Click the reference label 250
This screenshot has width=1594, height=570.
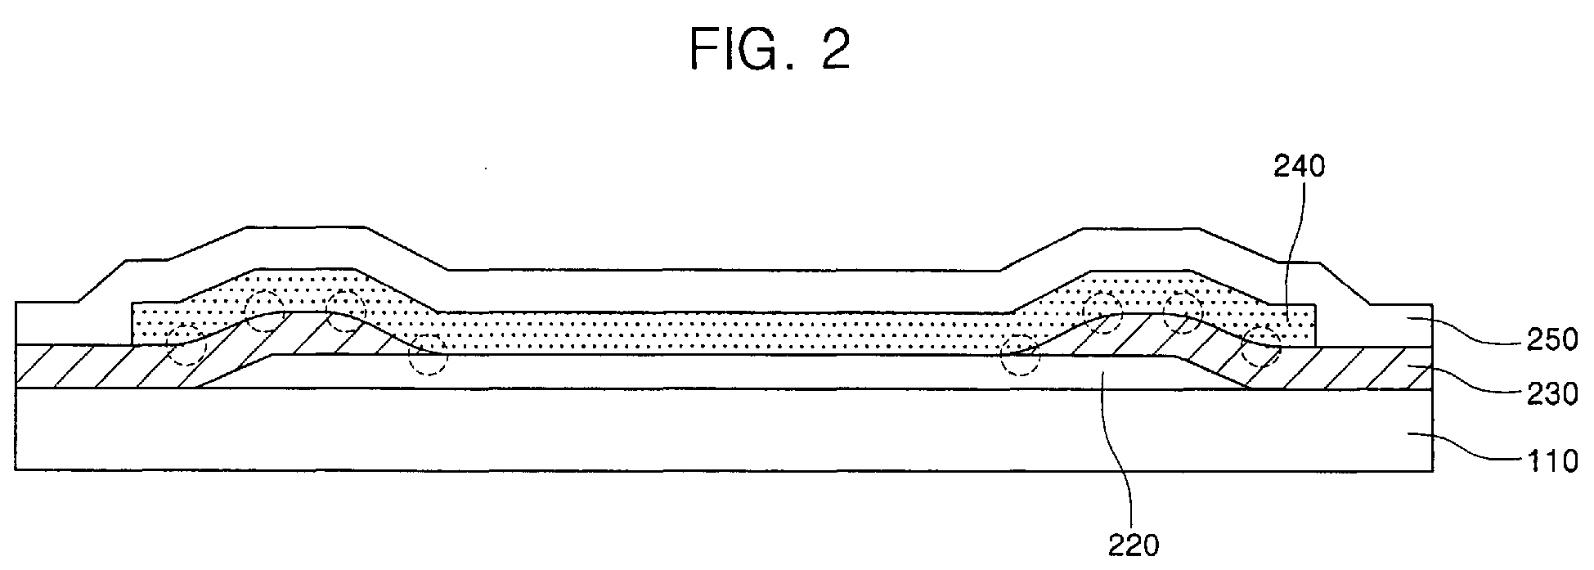point(1551,339)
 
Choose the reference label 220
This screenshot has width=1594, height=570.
point(1133,545)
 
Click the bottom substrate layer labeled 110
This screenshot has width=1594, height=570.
point(724,429)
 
